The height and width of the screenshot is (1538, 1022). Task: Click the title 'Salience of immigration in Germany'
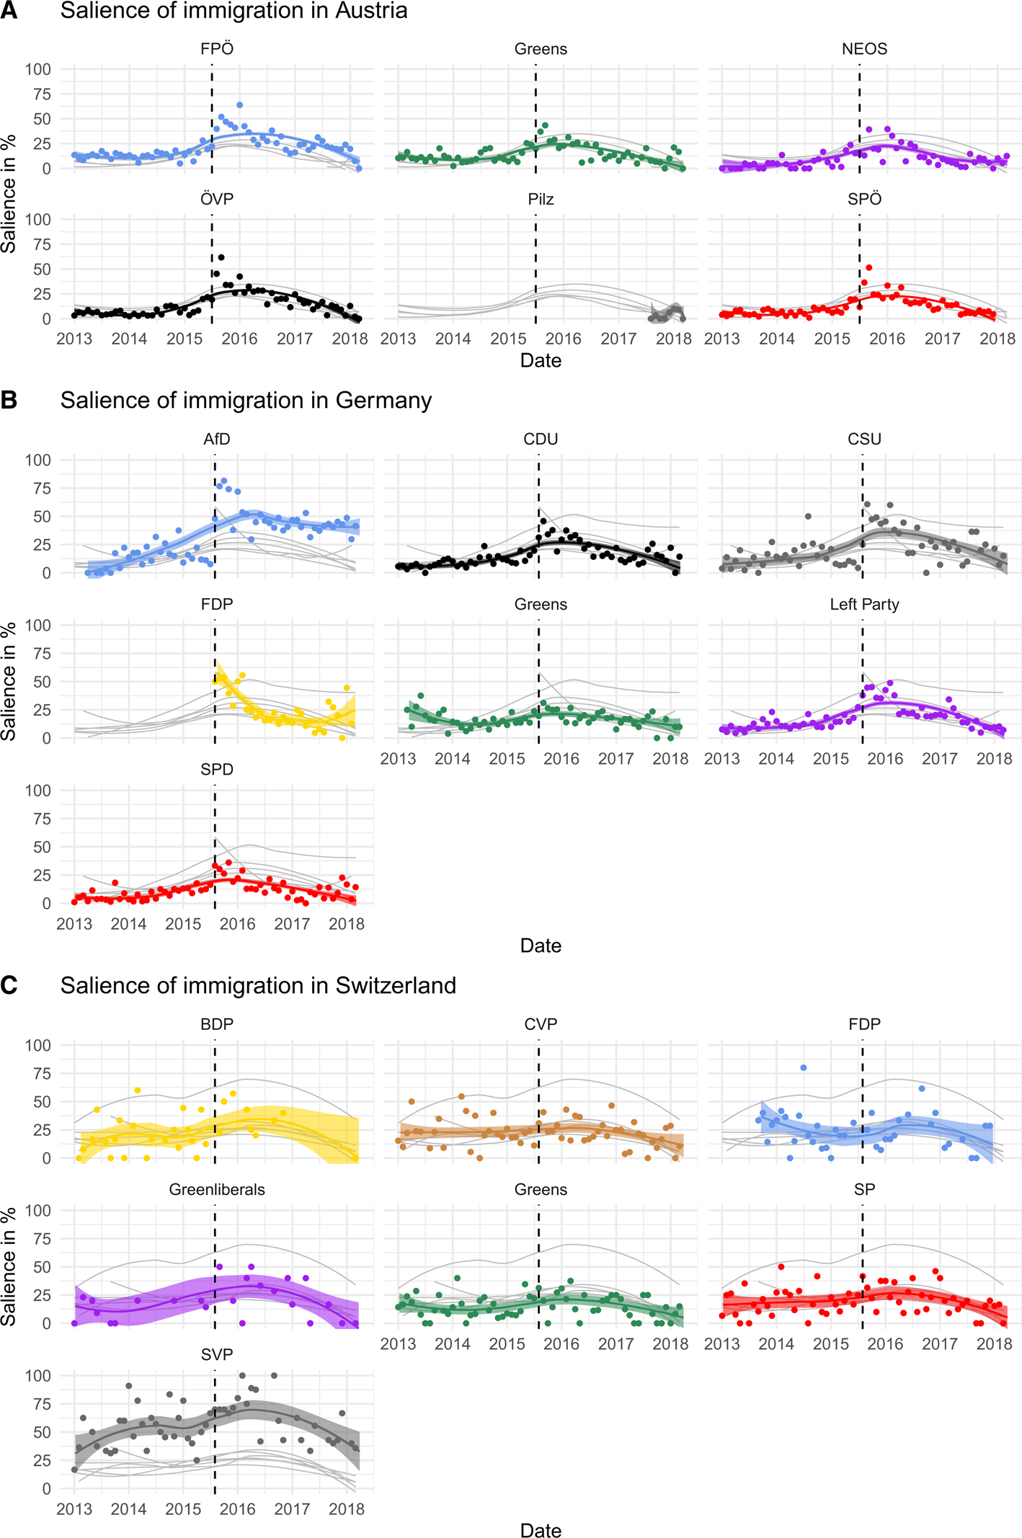tap(246, 400)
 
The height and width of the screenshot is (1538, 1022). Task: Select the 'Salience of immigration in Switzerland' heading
tap(258, 985)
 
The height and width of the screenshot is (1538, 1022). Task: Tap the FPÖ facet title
tap(217, 49)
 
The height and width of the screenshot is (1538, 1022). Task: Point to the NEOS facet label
tap(864, 49)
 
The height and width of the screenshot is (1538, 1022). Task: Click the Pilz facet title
tap(541, 200)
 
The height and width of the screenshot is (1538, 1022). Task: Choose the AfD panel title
tap(217, 440)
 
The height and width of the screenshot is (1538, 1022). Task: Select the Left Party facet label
tap(864, 605)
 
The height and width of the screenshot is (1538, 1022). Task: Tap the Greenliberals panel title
tap(217, 1190)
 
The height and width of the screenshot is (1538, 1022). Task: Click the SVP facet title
tap(217, 1355)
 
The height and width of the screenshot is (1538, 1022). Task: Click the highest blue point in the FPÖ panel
tap(240, 105)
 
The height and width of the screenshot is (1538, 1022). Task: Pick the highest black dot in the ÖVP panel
tap(221, 257)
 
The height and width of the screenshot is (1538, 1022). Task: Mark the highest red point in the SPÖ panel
tap(869, 268)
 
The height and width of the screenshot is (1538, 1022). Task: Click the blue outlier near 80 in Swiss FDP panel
tap(804, 1068)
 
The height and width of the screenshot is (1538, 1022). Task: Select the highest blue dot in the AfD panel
tap(224, 481)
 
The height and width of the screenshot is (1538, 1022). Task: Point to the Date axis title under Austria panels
tap(541, 360)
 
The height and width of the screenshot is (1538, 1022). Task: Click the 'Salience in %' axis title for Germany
tap(9, 681)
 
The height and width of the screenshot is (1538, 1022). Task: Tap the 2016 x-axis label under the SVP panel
tap(238, 1509)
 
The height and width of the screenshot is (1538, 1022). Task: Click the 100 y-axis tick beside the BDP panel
tap(37, 1045)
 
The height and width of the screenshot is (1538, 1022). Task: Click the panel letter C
tap(9, 985)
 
